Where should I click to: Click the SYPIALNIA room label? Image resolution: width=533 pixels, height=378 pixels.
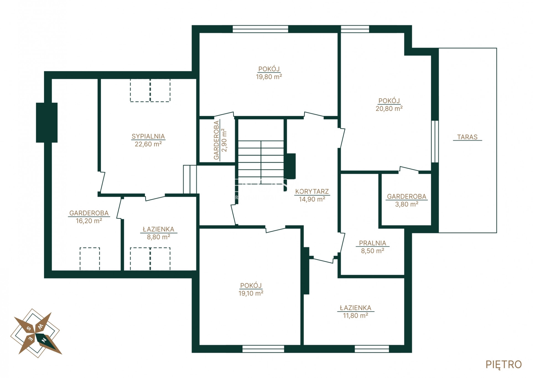pos(148,136)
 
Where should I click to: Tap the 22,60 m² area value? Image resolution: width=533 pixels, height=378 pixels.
pos(148,144)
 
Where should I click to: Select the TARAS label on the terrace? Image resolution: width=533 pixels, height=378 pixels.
pos(467,137)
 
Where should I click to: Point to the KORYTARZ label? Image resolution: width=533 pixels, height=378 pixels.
pos(312,191)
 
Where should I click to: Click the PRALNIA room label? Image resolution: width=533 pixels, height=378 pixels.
pos(372,243)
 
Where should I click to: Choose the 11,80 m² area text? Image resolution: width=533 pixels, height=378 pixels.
pos(355,316)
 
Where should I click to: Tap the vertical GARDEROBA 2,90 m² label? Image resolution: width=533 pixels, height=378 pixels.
pos(220,140)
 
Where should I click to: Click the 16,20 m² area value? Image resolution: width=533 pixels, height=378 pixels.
pos(89,221)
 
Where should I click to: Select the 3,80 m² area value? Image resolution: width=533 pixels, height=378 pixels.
pos(407,204)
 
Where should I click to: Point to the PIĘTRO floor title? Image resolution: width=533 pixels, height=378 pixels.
pos(504,364)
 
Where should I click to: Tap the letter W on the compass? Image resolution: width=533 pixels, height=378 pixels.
pos(40,326)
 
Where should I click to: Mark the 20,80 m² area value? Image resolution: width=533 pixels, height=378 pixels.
pos(389,109)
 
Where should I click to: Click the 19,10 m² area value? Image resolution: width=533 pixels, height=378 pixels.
pos(251,293)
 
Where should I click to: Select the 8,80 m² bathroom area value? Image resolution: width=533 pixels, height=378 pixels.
pos(158,237)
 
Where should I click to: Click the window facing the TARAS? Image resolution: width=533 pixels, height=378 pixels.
pos(435,141)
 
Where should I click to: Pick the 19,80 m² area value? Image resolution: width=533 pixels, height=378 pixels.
pos(269,77)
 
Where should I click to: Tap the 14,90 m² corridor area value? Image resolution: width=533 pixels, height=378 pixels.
pos(312,199)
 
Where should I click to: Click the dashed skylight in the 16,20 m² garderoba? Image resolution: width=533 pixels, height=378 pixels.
pos(90,259)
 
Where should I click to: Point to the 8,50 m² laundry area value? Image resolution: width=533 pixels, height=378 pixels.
pos(372,251)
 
